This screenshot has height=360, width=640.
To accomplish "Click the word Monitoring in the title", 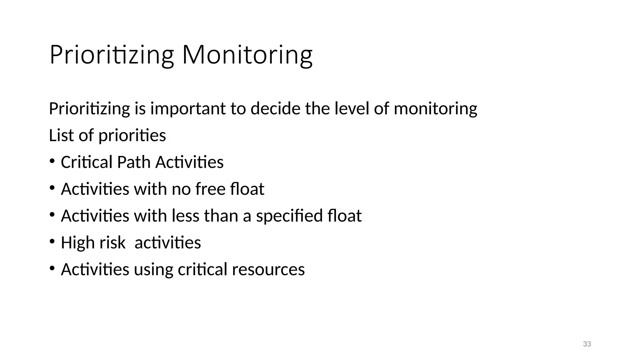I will pyautogui.click(x=247, y=55).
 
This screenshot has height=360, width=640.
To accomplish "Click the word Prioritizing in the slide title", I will pyautogui.click(x=111, y=55).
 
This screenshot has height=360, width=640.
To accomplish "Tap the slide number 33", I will pyautogui.click(x=587, y=344).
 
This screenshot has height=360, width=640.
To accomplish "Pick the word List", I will pyautogui.click(x=61, y=135).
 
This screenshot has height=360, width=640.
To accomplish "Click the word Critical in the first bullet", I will pyautogui.click(x=86, y=162).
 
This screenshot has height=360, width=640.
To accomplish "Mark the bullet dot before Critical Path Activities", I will pyautogui.click(x=52, y=161).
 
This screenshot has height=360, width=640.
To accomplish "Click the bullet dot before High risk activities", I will pyautogui.click(x=52, y=242).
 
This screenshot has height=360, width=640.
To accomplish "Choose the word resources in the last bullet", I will pyautogui.click(x=268, y=270).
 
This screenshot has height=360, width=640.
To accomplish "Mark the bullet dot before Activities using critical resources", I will pyautogui.click(x=52, y=268).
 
